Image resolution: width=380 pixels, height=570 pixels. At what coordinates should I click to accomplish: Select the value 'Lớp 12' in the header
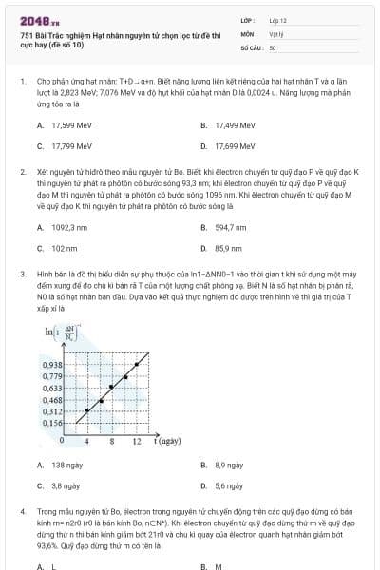point(277,19)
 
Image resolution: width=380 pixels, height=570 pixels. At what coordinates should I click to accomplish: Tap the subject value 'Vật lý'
point(276,32)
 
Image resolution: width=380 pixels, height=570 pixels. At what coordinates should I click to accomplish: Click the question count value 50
point(273,47)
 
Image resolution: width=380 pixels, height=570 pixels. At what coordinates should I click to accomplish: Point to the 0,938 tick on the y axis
point(53,364)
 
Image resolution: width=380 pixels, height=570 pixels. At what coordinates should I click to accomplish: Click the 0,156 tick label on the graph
point(53,423)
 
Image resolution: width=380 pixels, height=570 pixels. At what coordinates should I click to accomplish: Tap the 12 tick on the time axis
point(138,442)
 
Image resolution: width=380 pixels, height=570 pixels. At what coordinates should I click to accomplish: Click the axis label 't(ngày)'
point(168,442)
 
